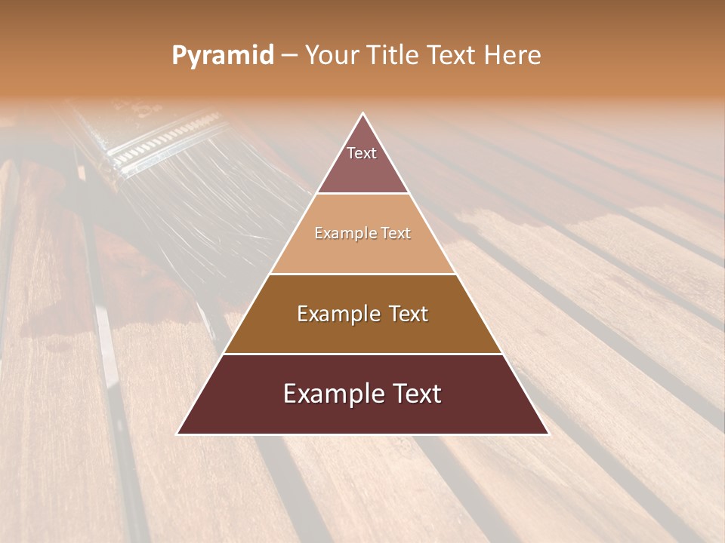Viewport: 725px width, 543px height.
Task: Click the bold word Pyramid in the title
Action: point(223,55)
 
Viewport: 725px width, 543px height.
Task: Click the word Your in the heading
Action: point(334,55)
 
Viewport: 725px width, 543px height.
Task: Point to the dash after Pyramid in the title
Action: point(288,55)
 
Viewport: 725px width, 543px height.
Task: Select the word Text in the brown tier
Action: point(408,314)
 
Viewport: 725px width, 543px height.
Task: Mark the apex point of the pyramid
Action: point(363,114)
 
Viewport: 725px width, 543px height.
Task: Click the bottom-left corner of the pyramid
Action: point(177,434)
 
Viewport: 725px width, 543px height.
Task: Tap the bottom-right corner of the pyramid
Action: point(548,434)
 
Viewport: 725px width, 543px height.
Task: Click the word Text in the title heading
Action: point(455,55)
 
